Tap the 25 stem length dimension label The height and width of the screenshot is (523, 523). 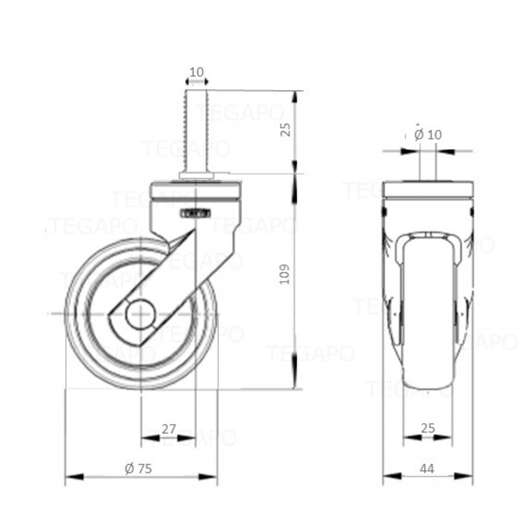coord(285,130)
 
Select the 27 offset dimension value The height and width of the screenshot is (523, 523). coord(169,429)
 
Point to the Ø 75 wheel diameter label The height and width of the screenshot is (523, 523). coord(138,468)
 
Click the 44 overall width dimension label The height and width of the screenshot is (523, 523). coord(427,468)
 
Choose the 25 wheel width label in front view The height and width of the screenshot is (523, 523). coord(427,428)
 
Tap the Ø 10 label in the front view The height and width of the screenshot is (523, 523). coord(428,134)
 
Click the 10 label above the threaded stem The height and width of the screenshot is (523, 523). coord(196,72)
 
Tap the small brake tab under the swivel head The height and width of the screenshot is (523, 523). coord(195,214)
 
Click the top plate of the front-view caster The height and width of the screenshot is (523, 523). coord(428,189)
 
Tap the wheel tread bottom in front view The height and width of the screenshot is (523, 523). coord(428,385)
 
